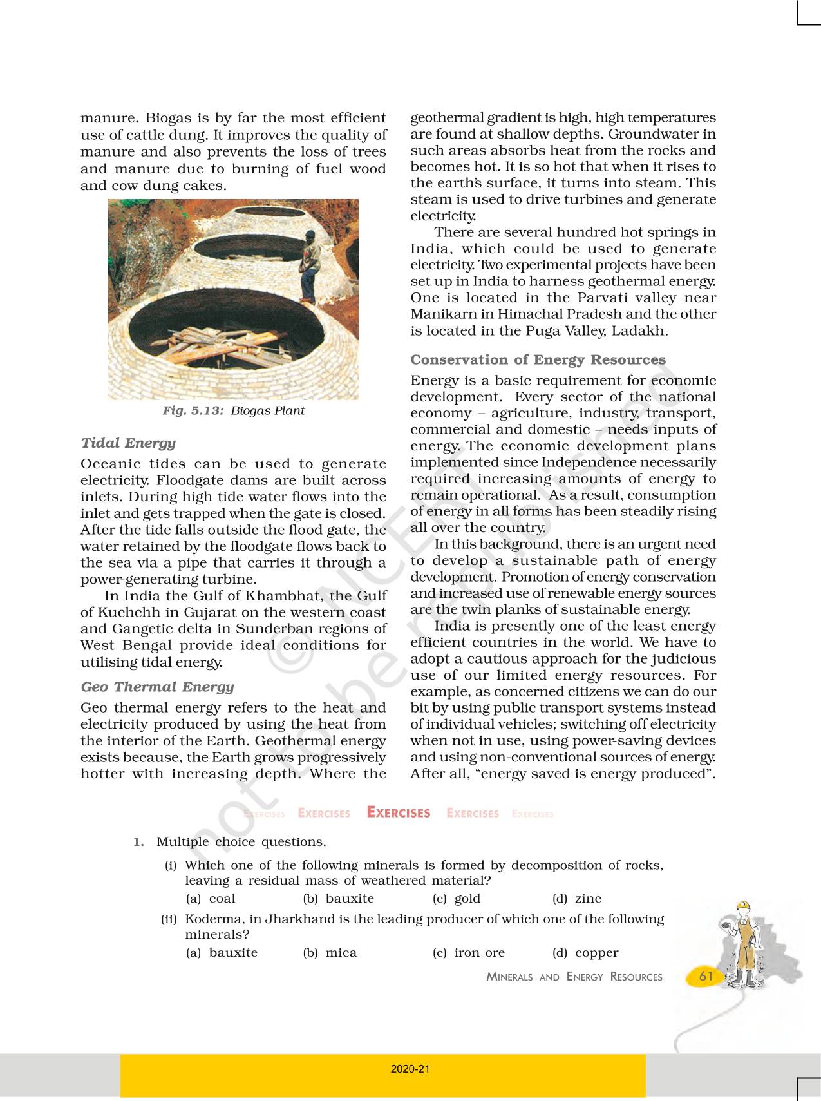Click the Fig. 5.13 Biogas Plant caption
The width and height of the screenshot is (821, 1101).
[233, 411]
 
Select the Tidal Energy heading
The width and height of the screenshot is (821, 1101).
[128, 443]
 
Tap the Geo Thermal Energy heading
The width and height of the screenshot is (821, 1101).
[157, 687]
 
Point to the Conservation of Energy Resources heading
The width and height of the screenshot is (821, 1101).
[538, 359]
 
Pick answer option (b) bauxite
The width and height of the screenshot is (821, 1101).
[339, 899]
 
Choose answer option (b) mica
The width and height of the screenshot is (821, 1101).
[330, 953]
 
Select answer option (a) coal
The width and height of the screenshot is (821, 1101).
[211, 899]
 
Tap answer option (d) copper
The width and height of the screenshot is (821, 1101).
[585, 953]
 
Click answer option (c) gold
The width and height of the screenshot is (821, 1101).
[457, 899]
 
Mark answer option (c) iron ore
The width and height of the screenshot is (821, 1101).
[469, 953]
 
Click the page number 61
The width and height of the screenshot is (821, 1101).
[706, 976]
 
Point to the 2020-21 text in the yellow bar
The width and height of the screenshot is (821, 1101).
[410, 1069]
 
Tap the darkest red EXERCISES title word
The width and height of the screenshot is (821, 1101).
[399, 813]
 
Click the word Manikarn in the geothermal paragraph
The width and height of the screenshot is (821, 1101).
[441, 314]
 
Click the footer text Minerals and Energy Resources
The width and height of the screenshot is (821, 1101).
[574, 977]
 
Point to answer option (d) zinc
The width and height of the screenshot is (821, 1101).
[577, 899]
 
